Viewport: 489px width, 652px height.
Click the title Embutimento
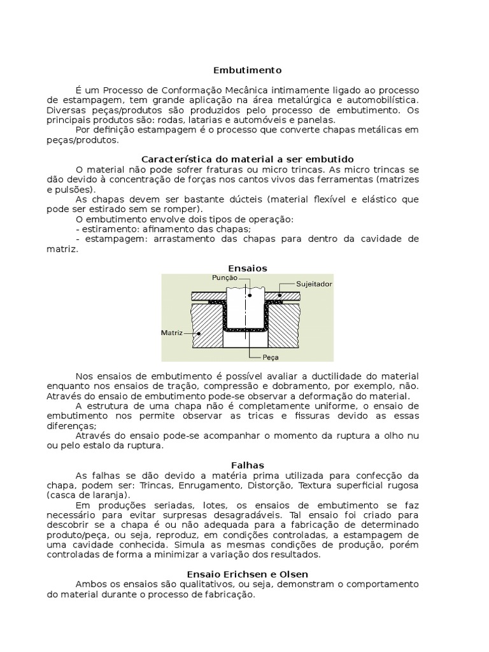coord(247,70)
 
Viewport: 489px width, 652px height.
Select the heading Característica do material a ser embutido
coord(247,159)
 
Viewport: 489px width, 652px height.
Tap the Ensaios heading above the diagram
coord(247,268)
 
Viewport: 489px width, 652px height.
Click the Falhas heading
coord(247,465)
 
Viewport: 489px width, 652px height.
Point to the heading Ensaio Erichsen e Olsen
coord(247,574)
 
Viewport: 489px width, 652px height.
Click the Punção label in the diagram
coord(225,278)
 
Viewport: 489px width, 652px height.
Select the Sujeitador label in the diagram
coord(315,284)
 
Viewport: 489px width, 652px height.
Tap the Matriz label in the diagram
coord(173,332)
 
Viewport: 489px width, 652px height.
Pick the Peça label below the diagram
coord(262,358)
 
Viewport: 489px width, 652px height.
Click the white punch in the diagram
coord(248,306)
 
